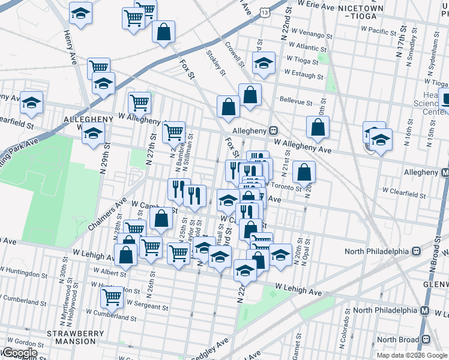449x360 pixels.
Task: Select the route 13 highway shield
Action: [x=266, y=11]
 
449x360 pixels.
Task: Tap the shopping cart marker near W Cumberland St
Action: [x=112, y=296]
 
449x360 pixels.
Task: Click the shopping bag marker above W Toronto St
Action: [x=305, y=172]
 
